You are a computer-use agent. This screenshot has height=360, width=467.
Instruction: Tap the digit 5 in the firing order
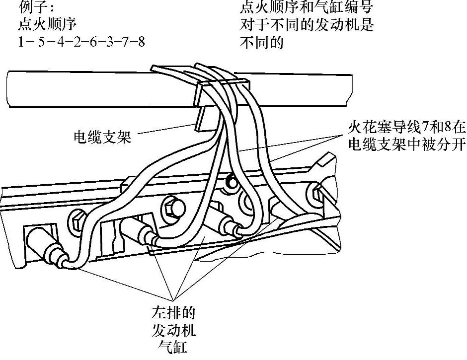(x=40, y=42)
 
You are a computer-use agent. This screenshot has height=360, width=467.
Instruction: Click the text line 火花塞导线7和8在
(x=406, y=128)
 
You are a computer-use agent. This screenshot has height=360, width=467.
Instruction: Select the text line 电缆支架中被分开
(x=406, y=144)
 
